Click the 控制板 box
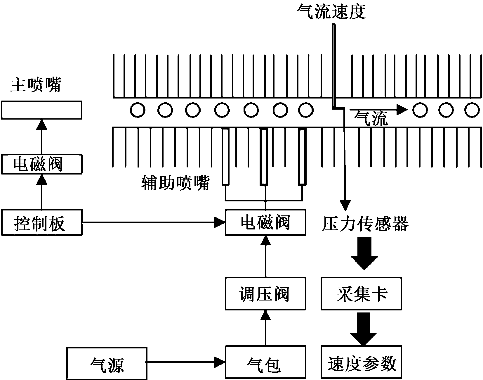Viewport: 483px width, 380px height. (x=42, y=222)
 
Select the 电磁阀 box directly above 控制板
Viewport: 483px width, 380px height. (x=42, y=165)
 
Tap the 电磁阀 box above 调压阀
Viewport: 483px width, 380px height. (x=265, y=222)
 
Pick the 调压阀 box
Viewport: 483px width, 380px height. (x=265, y=293)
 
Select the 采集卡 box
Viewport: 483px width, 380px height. (x=361, y=293)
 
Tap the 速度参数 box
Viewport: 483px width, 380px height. (x=361, y=362)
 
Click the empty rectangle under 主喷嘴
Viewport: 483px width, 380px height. (x=42, y=110)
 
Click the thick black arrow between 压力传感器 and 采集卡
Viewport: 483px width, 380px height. (x=364, y=253)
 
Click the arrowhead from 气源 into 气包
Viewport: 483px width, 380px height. (x=220, y=362)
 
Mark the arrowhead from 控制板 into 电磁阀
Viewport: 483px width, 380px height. (x=220, y=222)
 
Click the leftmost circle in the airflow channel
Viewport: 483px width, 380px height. (x=137, y=110)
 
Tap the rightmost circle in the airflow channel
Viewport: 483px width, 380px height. (x=472, y=110)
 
